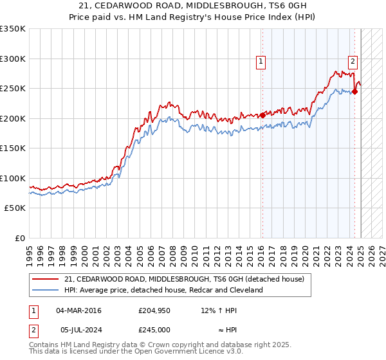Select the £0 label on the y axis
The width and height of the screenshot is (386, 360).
pyautogui.click(x=19, y=238)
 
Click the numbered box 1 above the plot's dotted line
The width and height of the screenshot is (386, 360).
pyautogui.click(x=261, y=62)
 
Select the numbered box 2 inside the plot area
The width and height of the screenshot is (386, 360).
pyautogui.click(x=353, y=62)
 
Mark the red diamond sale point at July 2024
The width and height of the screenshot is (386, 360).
pyautogui.click(x=354, y=91)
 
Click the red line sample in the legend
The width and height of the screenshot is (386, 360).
pyautogui.click(x=46, y=279)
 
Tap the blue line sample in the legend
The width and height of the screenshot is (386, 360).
pyautogui.click(x=46, y=290)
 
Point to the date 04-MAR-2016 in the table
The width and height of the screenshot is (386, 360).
pyautogui.click(x=78, y=310)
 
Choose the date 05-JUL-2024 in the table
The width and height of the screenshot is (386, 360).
pyautogui.click(x=78, y=330)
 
